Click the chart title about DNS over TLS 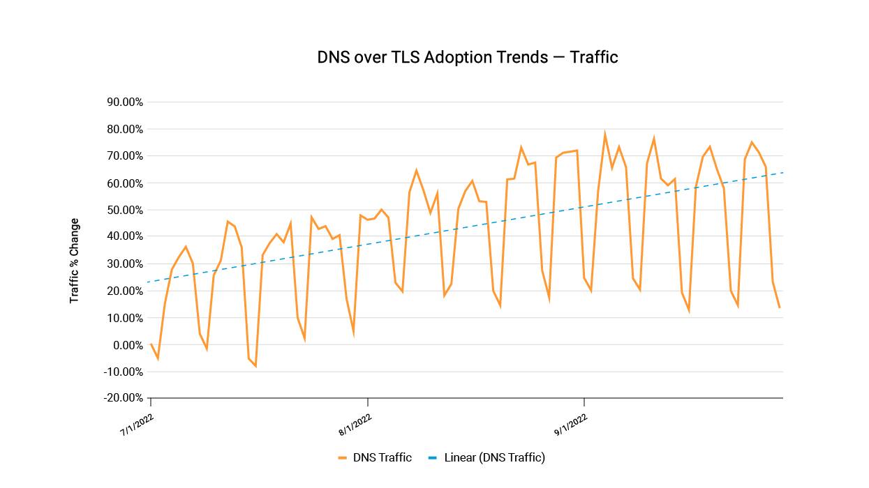468,57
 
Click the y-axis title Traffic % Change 74,261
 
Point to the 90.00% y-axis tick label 125,102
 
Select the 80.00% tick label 125,129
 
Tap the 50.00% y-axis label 125,210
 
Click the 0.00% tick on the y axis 128,345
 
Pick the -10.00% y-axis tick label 124,372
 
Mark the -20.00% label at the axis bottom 124,398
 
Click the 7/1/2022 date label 137,425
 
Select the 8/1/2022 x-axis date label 355,425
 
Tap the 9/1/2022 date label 572,425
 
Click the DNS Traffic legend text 382,458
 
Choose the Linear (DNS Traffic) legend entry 494,458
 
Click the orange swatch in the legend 342,458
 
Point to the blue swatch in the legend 433,458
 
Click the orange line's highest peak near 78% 604,135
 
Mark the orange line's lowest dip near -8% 255,366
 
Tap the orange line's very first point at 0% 151,344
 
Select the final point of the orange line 780,307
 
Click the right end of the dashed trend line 782,172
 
